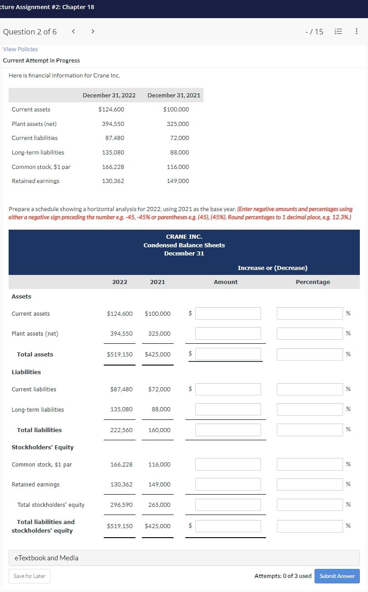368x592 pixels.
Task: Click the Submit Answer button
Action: coord(337,576)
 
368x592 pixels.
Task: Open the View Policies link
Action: coord(20,49)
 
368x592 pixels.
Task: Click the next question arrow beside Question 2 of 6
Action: coord(93,32)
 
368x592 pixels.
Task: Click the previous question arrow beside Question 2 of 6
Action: coord(73,32)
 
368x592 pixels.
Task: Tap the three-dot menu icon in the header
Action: coord(357,32)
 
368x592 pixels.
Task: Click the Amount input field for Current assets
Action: coord(228,313)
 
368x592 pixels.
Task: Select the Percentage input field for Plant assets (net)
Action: coord(310,333)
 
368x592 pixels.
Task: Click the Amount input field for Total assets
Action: coord(228,354)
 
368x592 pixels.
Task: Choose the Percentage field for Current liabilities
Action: coord(310,389)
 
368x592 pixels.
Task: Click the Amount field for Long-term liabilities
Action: coord(228,409)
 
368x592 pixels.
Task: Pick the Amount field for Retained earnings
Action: coord(228,484)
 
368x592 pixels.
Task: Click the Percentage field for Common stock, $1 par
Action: coord(310,464)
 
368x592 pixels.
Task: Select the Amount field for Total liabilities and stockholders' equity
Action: coord(228,526)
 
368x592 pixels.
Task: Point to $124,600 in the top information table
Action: coord(111,110)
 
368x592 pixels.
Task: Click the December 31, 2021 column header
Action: coord(174,95)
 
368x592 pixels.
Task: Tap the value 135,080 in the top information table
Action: coord(113,153)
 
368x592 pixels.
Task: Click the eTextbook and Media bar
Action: coord(184,558)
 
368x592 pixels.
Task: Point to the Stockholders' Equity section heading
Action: coord(43,448)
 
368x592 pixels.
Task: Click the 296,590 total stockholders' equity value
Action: coord(121,505)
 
